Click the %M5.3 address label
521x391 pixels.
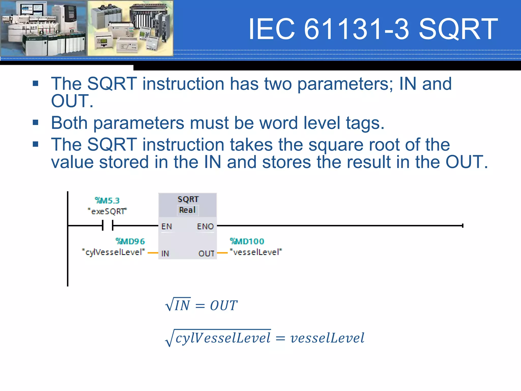click(107, 201)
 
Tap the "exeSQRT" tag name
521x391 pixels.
click(107, 211)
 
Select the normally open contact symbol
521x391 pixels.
click(108, 226)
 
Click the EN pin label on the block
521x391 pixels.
click(167, 226)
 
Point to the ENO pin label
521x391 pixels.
click(205, 226)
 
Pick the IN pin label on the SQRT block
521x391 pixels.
click(165, 253)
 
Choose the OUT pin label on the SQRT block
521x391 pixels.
click(206, 253)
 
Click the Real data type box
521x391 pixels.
click(188, 210)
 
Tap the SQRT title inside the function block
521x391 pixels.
click(188, 199)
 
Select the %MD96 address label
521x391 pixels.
click(130, 241)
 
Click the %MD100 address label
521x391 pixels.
click(247, 241)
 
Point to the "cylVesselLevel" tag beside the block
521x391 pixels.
click(113, 252)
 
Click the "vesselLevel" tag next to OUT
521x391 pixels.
click(256, 252)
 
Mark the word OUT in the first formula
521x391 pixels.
click(224, 305)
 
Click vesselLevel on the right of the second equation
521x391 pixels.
click(327, 338)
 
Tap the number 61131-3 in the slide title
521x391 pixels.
click(356, 29)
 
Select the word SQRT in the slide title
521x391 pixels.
click(458, 29)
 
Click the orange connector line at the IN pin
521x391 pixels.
click(153, 253)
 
